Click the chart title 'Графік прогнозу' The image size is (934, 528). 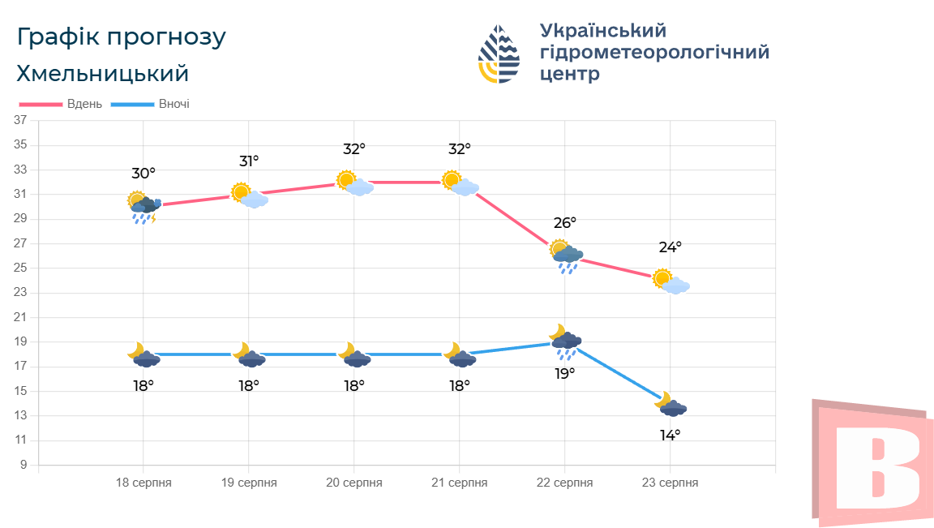(121, 37)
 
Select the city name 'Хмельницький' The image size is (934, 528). (102, 74)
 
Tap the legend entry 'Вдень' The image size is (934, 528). (84, 104)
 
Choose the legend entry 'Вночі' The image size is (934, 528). (174, 104)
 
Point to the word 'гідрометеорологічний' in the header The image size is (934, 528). (654, 53)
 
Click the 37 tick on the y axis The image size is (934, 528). (20, 121)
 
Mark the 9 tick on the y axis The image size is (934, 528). (24, 465)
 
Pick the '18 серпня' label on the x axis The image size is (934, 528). (144, 483)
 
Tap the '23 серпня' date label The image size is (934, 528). (670, 483)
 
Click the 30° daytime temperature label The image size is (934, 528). (144, 174)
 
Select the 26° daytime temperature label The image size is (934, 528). (565, 222)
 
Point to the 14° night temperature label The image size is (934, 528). (670, 435)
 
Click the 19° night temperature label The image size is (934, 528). (565, 373)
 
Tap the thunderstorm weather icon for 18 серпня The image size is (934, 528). (144, 207)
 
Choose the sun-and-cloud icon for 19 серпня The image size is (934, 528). (249, 195)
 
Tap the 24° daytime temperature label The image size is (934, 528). (671, 247)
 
